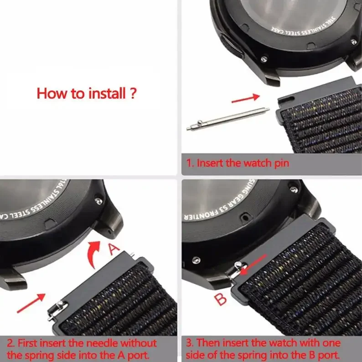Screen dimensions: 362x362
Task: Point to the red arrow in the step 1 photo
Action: pos(245,98)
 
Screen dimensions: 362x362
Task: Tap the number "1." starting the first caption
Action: pos(190,163)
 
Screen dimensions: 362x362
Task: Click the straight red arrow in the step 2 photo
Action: pos(31,303)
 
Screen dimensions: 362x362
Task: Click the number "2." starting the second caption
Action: pos(10,343)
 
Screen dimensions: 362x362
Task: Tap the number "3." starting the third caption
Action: pos(191,343)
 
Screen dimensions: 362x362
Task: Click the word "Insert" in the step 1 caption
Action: pos(212,163)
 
